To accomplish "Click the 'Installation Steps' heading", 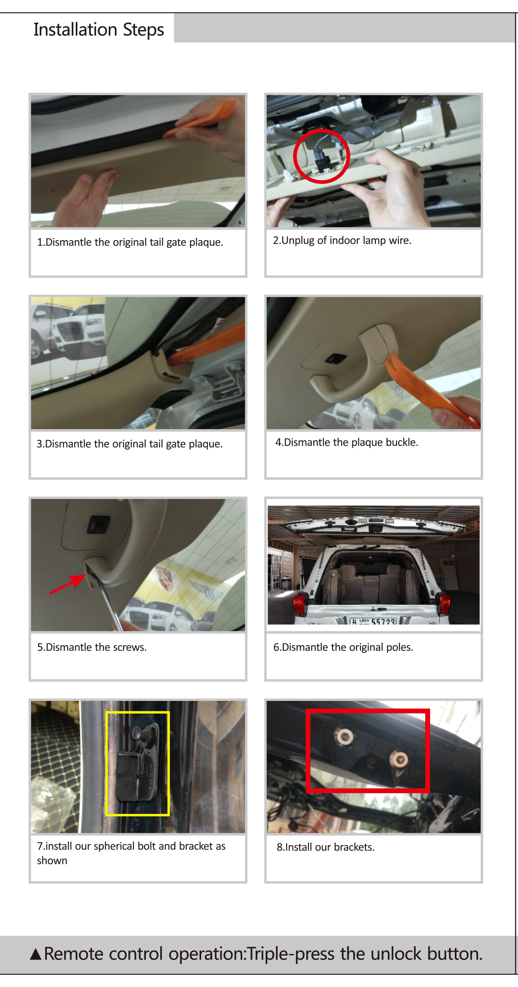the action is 99,30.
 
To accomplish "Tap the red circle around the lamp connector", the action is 294,156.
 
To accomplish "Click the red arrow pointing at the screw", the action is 67,584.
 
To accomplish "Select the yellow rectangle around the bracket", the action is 107,763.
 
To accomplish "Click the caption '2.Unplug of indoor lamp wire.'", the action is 342,241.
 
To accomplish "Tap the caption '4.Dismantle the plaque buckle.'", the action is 347,442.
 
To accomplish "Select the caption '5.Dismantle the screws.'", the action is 92,647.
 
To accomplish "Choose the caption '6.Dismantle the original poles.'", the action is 343,647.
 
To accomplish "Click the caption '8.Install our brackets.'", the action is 326,847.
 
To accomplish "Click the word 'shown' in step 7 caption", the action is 52,860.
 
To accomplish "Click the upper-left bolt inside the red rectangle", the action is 345,736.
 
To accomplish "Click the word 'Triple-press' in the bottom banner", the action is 291,954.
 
